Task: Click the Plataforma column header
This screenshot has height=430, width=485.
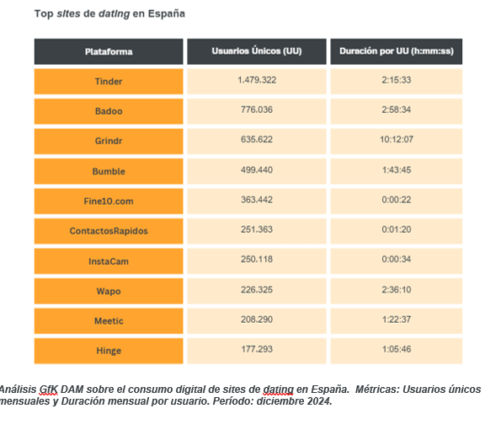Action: (109, 51)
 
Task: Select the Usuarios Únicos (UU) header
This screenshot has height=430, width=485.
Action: (257, 51)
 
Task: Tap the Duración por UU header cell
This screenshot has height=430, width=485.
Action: (397, 51)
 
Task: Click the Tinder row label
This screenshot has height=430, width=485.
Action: (109, 82)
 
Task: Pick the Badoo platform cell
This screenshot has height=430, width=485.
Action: (109, 111)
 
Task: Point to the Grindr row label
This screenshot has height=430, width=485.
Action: (109, 141)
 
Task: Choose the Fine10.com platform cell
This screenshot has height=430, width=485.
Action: (109, 202)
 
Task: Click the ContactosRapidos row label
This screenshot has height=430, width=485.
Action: (109, 231)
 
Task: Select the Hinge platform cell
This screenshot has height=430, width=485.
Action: (109, 351)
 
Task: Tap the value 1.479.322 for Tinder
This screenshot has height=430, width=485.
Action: (257, 80)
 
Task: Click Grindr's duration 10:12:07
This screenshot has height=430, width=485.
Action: (397, 139)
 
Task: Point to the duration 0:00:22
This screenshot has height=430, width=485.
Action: (397, 200)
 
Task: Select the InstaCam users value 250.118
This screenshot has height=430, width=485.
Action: (257, 260)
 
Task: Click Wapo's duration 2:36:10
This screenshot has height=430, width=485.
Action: (397, 290)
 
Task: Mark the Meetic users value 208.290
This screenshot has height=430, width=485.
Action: (257, 320)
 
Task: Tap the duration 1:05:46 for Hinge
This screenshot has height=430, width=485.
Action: (397, 349)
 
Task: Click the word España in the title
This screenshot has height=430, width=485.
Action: (167, 13)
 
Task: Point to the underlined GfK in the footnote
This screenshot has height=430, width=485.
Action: (49, 390)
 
